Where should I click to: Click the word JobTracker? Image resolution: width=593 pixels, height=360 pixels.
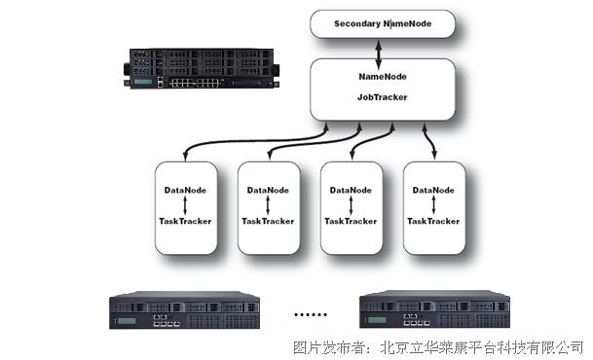tap(382, 97)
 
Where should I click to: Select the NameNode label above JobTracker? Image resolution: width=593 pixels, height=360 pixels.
tap(382, 75)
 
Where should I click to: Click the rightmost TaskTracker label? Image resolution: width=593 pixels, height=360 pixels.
tap(432, 221)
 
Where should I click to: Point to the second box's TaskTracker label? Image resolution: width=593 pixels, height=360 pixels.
tap(268, 221)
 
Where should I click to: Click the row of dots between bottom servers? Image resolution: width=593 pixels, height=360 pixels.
tap(313, 316)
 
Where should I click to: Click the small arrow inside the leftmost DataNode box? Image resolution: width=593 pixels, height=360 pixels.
tap(184, 204)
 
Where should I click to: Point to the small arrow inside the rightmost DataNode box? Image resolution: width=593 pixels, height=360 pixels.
tap(432, 204)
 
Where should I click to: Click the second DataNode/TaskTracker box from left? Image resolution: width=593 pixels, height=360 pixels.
tap(268, 206)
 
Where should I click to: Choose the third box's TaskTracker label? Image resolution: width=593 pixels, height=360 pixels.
tap(351, 221)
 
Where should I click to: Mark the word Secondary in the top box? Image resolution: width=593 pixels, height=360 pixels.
tap(358, 23)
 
